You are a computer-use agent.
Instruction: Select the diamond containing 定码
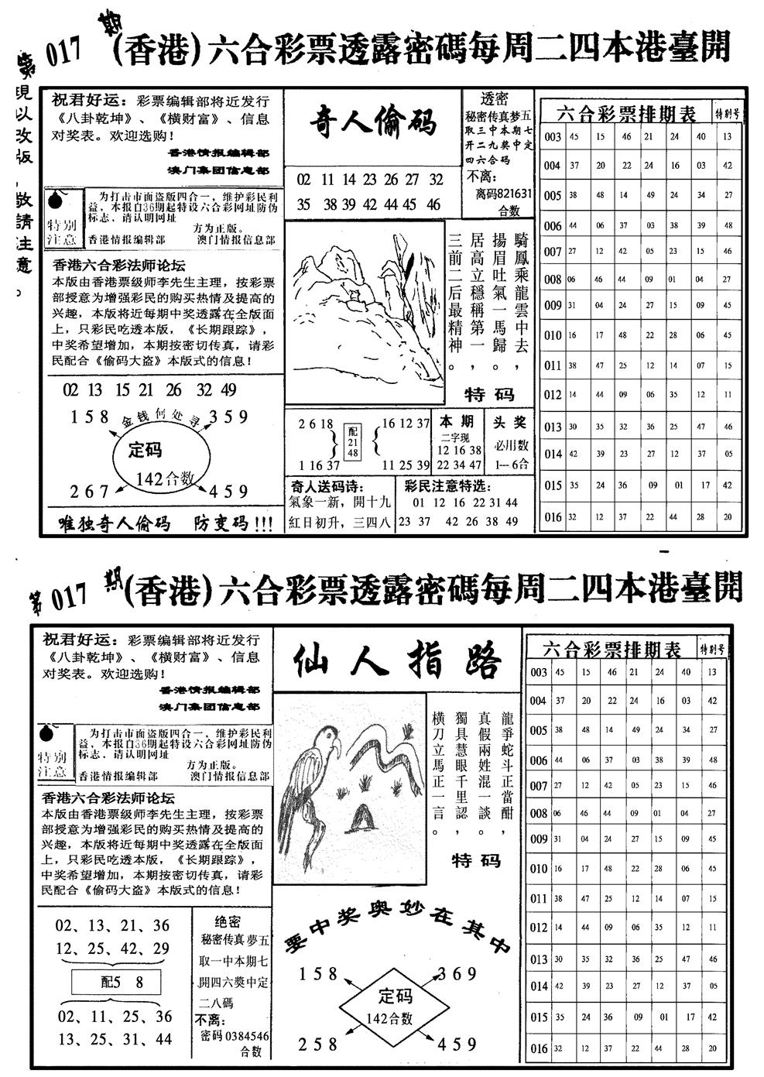click(x=395, y=1003)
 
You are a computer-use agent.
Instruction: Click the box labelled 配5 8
click(x=117, y=983)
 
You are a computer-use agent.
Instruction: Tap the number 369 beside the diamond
click(x=457, y=973)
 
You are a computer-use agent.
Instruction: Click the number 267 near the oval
click(x=90, y=492)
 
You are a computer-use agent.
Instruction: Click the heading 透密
click(x=495, y=98)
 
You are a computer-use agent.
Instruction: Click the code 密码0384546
click(x=234, y=1035)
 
